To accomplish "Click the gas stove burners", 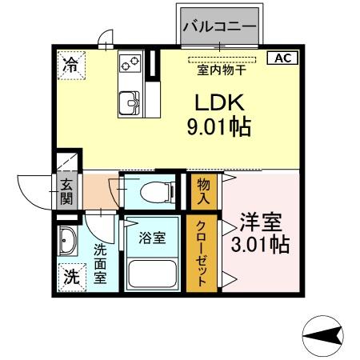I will coord(130,62).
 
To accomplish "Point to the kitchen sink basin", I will coord(130,103).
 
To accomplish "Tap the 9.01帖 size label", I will coord(216,127).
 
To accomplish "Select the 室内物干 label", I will coord(222,69).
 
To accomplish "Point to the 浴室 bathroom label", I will coord(153,238).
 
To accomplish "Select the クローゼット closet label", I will coord(202,254).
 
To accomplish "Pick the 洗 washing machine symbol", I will coord(70,279).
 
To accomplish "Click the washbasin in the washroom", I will coord(66,241).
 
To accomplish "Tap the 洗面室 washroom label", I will coord(100,263).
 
